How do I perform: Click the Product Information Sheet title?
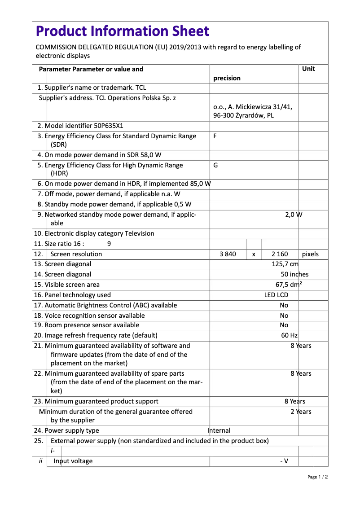coord(122,31)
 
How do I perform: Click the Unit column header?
coord(308,69)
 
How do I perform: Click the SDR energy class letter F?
coord(215,136)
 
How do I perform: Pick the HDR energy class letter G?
coord(215,165)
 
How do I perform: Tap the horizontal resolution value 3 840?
coord(228,254)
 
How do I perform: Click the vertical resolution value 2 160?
coord(280,254)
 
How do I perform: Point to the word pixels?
coord(310,254)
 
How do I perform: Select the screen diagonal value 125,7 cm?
coord(285,264)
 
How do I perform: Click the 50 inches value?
coord(294,274)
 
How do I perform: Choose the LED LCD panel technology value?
coord(276,295)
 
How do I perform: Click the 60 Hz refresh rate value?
coord(289,335)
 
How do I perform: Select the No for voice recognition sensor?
coord(284,316)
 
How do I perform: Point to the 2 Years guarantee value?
coord(300,412)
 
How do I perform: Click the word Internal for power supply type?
coord(219,430)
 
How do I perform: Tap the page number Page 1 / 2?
coord(317,477)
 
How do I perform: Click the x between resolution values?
coord(254,254)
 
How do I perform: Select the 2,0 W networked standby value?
coord(294,215)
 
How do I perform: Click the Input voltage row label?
coord(73,461)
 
